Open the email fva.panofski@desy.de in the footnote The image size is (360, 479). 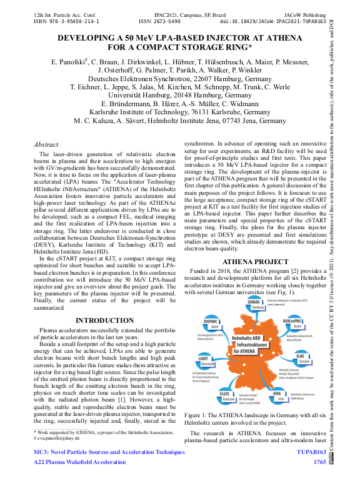click(x=63, y=437)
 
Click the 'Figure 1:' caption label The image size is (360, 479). click(x=199, y=415)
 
